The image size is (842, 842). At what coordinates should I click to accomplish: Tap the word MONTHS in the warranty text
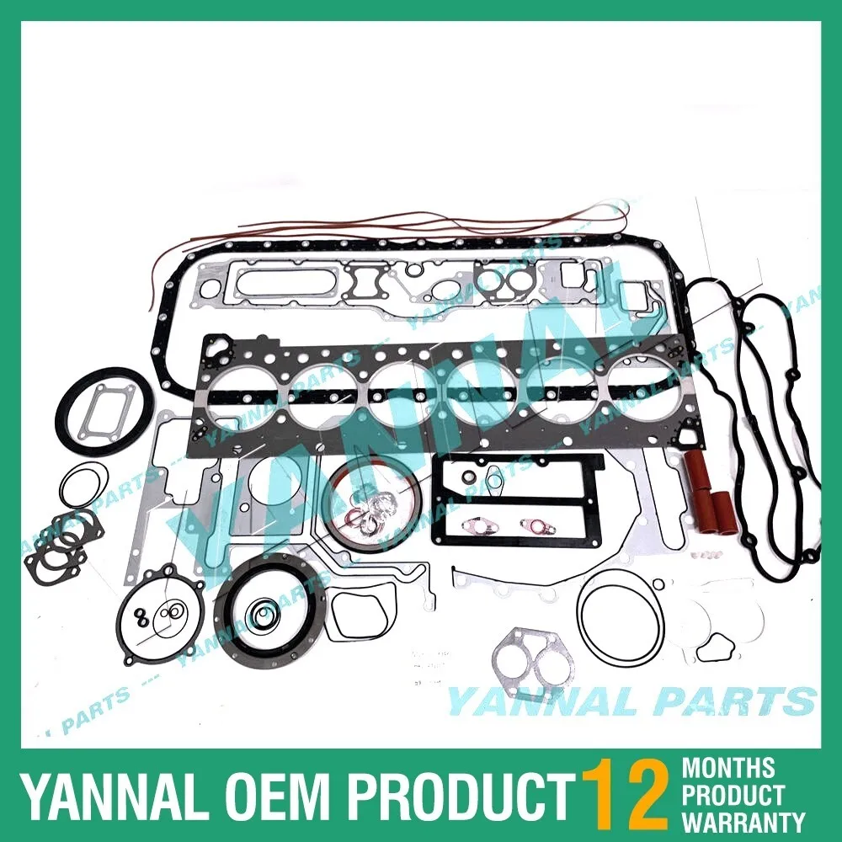(x=727, y=768)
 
